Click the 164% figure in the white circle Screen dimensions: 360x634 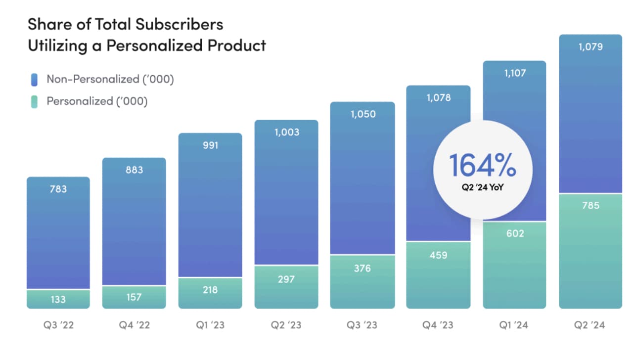[482, 166]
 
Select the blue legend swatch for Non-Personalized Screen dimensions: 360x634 [34, 79]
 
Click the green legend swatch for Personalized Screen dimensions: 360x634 [34, 101]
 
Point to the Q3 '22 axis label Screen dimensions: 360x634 [58, 325]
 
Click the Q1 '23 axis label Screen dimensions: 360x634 [210, 325]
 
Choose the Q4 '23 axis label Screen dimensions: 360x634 [438, 325]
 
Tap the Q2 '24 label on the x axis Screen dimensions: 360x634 [590, 325]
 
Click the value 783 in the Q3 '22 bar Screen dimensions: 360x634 [58, 189]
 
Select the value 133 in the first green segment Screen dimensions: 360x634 [58, 299]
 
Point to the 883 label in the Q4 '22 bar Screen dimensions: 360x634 [134, 170]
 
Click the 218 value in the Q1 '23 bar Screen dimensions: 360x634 [210, 290]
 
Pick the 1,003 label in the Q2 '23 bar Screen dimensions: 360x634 [286, 132]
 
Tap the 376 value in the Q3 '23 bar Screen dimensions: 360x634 [362, 269]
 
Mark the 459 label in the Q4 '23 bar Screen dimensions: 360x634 [438, 255]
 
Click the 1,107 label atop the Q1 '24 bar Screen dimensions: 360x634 [515, 73]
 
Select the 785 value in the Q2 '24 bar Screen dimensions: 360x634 [590, 205]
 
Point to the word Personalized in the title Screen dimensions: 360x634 [155, 45]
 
